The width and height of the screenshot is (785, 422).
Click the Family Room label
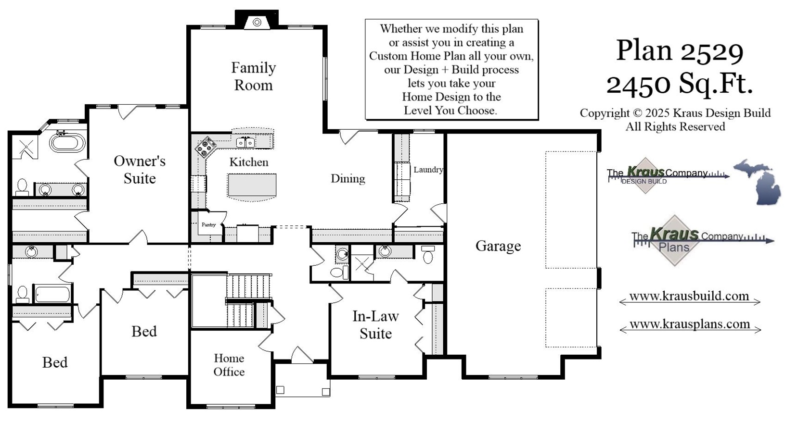tap(253, 76)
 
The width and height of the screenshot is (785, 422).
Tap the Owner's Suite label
tap(140, 170)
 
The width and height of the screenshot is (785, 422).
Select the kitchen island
tap(252, 185)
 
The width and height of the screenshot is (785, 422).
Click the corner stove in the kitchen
tap(206, 147)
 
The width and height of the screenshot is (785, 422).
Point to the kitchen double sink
tap(245, 142)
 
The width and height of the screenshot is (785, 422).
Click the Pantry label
tap(209, 224)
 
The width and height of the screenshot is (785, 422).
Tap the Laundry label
tap(428, 170)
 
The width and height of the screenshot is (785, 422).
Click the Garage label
tap(498, 246)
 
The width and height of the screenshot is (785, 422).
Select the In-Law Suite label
tap(375, 325)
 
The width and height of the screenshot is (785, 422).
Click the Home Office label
tap(229, 365)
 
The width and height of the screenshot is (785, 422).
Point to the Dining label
tap(347, 179)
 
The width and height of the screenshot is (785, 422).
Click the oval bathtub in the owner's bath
tap(67, 143)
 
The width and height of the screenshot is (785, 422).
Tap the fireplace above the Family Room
tap(257, 22)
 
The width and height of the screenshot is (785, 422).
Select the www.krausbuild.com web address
tap(689, 297)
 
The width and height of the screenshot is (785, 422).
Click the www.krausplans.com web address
tap(689, 324)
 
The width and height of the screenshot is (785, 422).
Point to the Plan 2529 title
tap(680, 51)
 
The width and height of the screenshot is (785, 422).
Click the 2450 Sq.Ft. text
tap(680, 84)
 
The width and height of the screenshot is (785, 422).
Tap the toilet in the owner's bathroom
tap(22, 186)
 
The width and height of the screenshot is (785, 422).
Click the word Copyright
tap(605, 113)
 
